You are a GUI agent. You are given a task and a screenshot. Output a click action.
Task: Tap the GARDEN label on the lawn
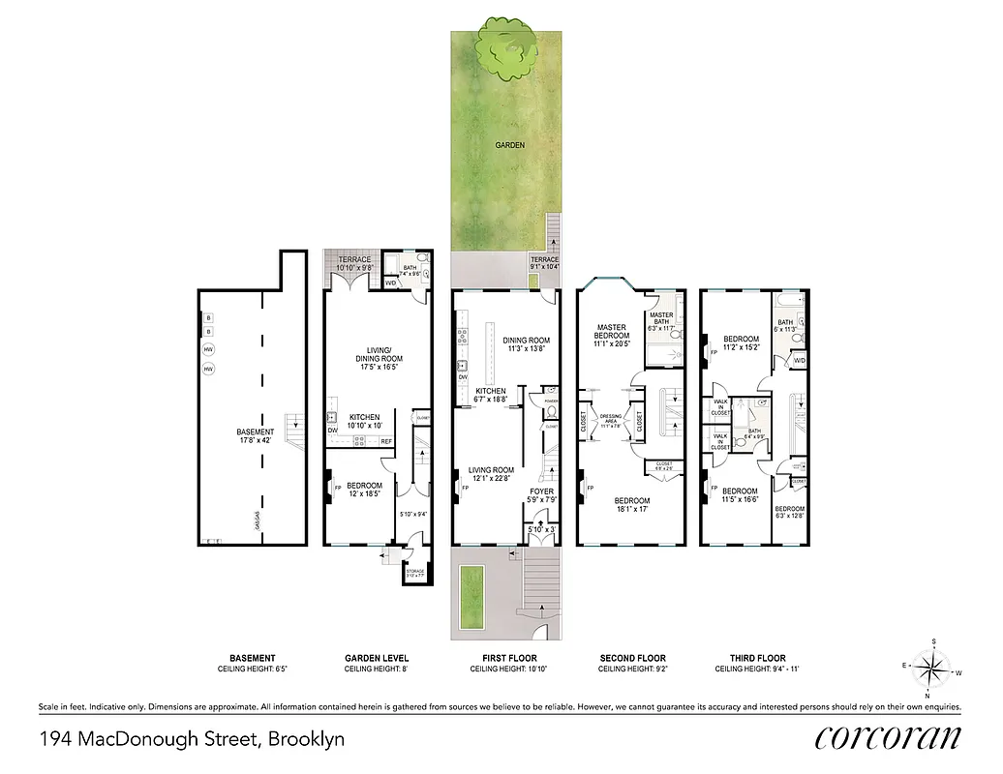coord(510,145)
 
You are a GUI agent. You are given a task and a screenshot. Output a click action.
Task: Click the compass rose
coord(931,669)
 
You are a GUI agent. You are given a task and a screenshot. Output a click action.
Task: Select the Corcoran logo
coord(888,737)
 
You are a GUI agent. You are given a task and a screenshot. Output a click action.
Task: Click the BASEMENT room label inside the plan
coord(256,432)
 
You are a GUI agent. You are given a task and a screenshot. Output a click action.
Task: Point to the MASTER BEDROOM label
coord(613,331)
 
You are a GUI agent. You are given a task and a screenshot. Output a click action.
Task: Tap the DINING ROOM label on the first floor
coord(526,340)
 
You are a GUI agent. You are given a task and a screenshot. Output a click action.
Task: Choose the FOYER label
coord(541,491)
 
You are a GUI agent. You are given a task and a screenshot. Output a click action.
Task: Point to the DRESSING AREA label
coord(611,416)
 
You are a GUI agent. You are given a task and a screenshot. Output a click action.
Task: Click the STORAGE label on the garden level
coord(415,571)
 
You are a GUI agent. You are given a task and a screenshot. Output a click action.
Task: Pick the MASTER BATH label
coord(661,315)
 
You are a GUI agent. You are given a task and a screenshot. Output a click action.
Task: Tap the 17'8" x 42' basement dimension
coord(256,441)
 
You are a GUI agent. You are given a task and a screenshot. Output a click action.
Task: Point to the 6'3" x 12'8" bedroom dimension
coord(789,516)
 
